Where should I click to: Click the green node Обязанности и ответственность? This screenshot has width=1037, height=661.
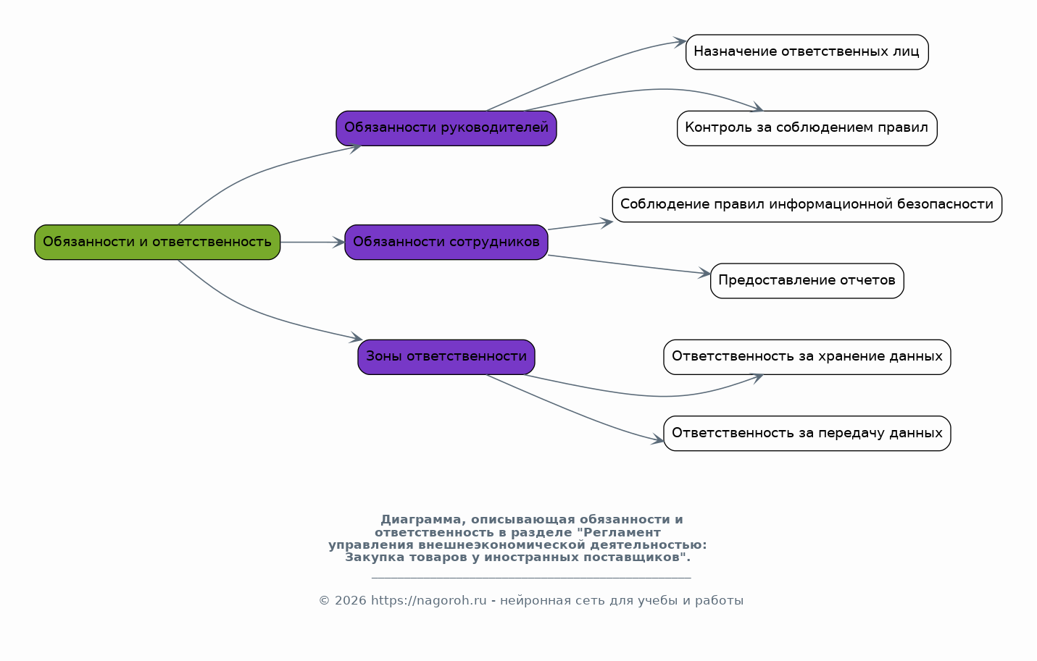tap(157, 242)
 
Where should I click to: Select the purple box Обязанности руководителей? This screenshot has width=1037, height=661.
tap(446, 128)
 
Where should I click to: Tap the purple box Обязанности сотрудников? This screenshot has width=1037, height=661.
tap(446, 242)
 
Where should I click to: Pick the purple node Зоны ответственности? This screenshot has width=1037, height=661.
tap(446, 357)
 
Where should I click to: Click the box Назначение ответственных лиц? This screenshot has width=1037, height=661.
tap(807, 52)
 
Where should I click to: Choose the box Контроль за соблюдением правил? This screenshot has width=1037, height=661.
tap(807, 128)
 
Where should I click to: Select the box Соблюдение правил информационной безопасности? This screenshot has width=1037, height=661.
tap(807, 204)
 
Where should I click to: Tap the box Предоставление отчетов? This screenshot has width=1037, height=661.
tap(807, 281)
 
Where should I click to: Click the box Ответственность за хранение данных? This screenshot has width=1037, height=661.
tap(807, 357)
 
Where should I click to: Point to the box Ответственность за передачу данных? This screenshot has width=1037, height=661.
tap(807, 433)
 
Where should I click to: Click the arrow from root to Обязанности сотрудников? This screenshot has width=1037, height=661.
tap(312, 242)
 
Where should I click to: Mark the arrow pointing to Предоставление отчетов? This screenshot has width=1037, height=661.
tap(630, 264)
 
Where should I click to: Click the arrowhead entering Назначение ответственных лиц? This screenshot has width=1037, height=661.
tap(680, 43)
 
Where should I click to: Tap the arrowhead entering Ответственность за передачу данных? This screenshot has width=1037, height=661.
tap(657, 439)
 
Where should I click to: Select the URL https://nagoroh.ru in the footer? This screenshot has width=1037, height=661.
tap(429, 600)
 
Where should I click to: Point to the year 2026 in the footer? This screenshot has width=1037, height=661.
tap(351, 600)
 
